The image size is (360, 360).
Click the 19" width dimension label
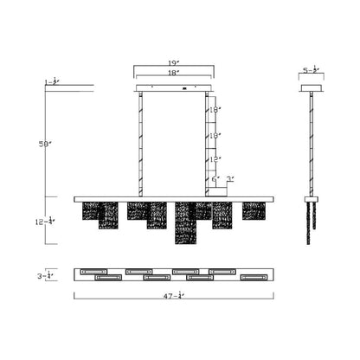click(x=174, y=63)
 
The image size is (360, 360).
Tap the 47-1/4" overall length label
click(x=174, y=296)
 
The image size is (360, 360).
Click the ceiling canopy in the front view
click(x=174, y=88)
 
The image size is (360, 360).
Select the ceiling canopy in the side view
click(x=312, y=88)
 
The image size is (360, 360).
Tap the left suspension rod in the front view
click(x=140, y=143)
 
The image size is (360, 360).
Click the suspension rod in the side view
click(x=312, y=143)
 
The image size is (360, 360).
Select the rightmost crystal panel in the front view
click(x=254, y=210)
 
